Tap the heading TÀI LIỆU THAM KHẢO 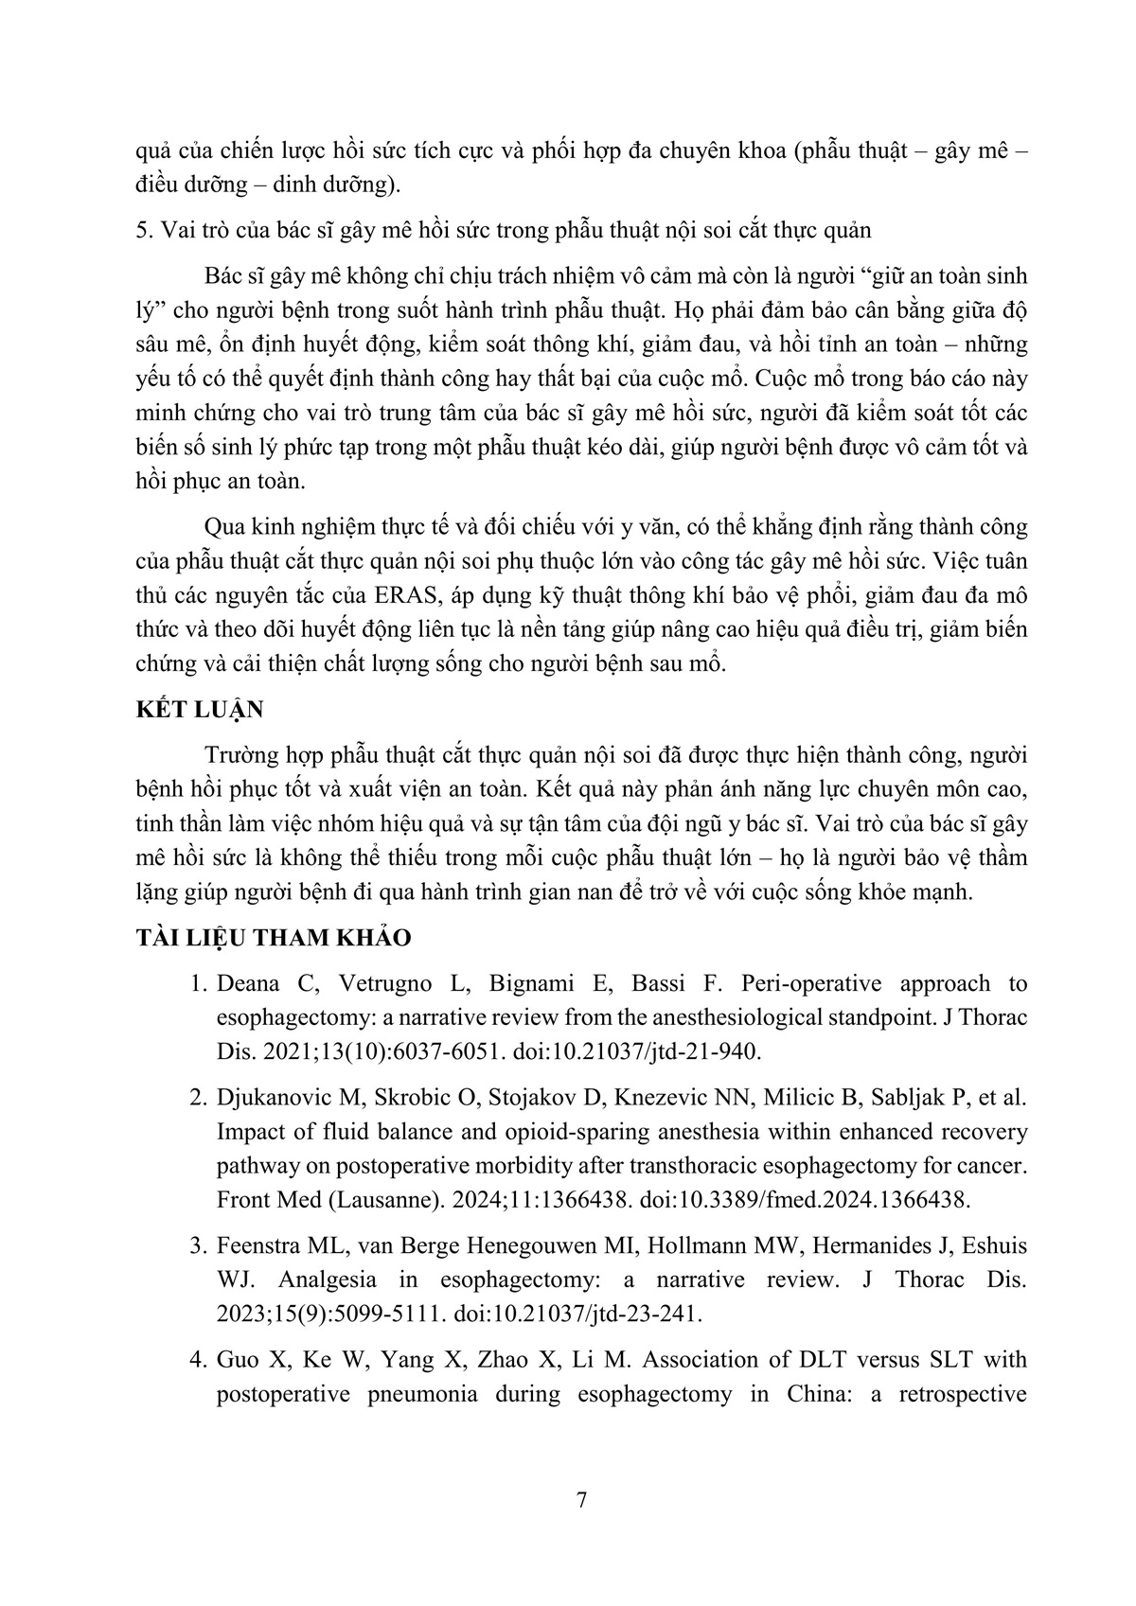click(275, 937)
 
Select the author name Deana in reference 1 click(249, 983)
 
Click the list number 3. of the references click(198, 1245)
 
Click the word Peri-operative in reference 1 click(822, 983)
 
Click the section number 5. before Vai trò click(144, 230)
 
